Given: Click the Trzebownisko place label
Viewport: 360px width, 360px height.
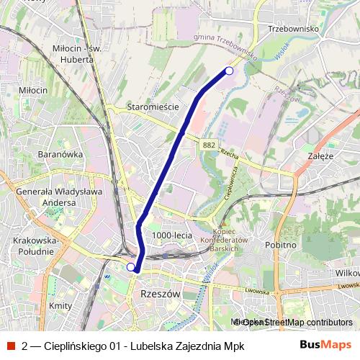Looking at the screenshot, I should tap(292, 29).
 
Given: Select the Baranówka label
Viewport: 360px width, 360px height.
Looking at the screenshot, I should tap(42, 154).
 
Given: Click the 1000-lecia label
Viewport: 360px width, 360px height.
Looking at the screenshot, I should tap(171, 235).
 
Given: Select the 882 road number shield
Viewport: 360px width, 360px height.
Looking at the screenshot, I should tap(209, 145).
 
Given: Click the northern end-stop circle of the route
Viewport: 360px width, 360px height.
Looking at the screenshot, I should tap(229, 71).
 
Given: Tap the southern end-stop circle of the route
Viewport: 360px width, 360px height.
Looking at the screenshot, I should tap(131, 267).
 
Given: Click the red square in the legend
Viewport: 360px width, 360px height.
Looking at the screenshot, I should tap(10, 346).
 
